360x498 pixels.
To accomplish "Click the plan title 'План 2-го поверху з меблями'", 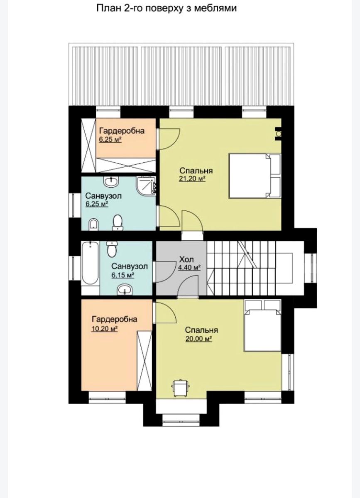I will pyautogui.click(x=167, y=8).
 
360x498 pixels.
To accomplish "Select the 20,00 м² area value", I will pyautogui.click(x=198, y=339).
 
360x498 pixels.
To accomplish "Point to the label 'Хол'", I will pyautogui.click(x=186, y=260).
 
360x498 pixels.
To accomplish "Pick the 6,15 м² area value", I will pyautogui.click(x=122, y=275).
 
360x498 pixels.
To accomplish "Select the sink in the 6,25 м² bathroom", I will pyautogui.click(x=111, y=182).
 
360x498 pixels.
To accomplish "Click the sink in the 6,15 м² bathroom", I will pyautogui.click(x=124, y=289).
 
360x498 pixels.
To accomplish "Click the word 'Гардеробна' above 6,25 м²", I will pyautogui.click(x=122, y=131).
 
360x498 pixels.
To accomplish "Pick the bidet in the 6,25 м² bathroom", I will pyautogui.click(x=94, y=224).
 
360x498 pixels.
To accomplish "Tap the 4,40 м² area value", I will pyautogui.click(x=189, y=268).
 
